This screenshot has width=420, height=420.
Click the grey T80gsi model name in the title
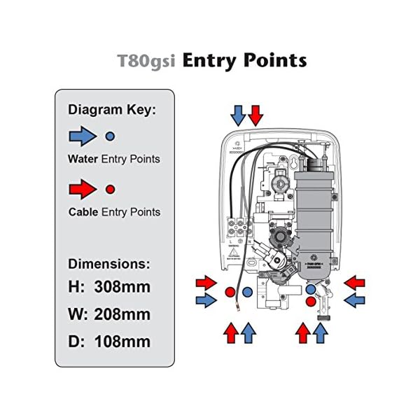pyautogui.click(x=144, y=61)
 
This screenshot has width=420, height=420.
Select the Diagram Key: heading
pyautogui.click(x=111, y=110)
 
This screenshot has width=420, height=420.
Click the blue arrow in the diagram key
pyautogui.click(x=83, y=135)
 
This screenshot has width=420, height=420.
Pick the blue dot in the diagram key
pyautogui.click(x=110, y=135)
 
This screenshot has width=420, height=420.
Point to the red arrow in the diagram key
pyautogui.click(x=83, y=188)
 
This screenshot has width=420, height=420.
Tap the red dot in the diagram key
pyautogui.click(x=110, y=189)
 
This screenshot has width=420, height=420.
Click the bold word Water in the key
pyautogui.click(x=83, y=159)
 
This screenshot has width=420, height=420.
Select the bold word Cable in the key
pyautogui.click(x=83, y=212)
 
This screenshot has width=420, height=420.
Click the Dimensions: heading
pyautogui.click(x=108, y=265)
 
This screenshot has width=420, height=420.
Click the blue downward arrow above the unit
pyautogui.click(x=239, y=113)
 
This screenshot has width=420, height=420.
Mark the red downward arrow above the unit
pyautogui.click(x=255, y=113)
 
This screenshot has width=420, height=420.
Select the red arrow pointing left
pyautogui.click(x=355, y=283)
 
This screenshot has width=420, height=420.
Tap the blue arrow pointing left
pyautogui.click(x=355, y=300)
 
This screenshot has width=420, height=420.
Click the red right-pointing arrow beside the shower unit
pyautogui.click(x=206, y=283)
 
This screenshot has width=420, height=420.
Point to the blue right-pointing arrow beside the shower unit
pyautogui.click(x=206, y=300)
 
